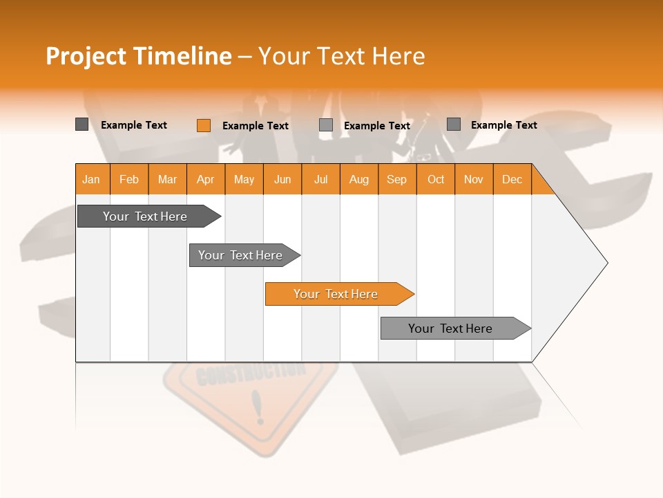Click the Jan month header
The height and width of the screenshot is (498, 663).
[x=91, y=179]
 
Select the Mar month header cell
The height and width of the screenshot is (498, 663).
[x=167, y=179]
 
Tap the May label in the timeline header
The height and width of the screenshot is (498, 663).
[x=244, y=179]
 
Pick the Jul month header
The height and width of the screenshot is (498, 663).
[x=320, y=179]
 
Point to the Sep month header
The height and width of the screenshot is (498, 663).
[x=396, y=179]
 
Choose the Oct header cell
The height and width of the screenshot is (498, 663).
[x=436, y=179]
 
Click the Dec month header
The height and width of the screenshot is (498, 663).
[x=512, y=179]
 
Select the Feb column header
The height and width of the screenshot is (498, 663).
[x=129, y=179]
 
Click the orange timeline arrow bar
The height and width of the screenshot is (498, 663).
[x=338, y=294]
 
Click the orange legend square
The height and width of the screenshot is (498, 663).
[x=204, y=125]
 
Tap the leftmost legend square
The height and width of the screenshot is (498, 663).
[x=81, y=124]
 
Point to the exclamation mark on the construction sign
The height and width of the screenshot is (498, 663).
[x=259, y=407]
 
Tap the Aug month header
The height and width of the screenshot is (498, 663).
[x=358, y=179]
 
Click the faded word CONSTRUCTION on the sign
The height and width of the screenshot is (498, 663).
[x=250, y=374]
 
